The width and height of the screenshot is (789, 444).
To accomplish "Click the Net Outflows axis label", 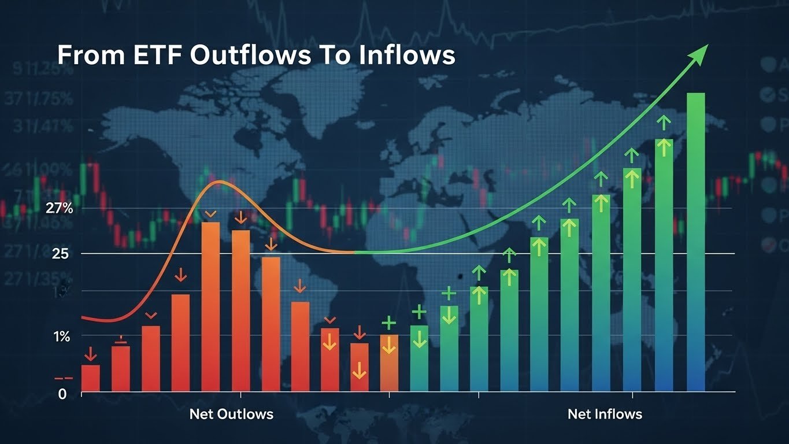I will tap(231, 414).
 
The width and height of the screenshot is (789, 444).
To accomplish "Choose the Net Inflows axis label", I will tap(605, 414).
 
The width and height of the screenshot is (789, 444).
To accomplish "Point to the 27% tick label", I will tap(58, 209).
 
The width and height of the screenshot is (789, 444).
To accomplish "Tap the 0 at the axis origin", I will tap(62, 394).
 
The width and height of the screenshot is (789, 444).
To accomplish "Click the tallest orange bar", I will tap(210, 306).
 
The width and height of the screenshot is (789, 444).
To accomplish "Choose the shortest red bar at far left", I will tap(90, 378).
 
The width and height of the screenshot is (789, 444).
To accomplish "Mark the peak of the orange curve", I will tap(218, 182).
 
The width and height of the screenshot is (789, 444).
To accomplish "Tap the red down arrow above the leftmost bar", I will tap(90, 353).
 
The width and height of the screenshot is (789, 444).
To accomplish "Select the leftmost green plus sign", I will tap(389, 323).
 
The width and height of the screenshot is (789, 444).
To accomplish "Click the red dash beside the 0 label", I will tap(63, 379).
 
